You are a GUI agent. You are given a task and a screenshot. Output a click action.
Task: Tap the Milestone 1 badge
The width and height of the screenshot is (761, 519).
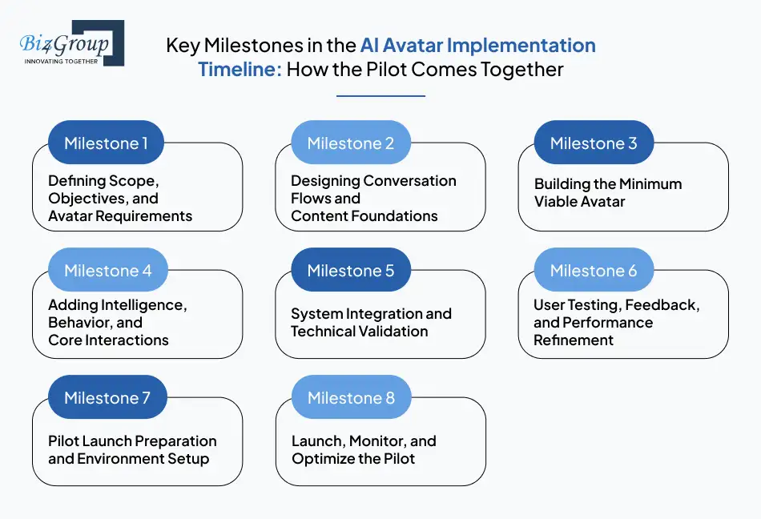tap(106, 143)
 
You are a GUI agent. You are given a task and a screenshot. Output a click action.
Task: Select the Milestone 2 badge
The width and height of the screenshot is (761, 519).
tap(351, 143)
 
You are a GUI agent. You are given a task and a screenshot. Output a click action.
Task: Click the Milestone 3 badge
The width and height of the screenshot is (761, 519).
tap(594, 143)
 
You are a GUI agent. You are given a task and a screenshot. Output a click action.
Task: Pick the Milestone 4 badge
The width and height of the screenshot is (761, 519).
tap(107, 271)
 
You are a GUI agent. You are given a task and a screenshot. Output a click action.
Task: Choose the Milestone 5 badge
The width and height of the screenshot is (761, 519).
tap(351, 271)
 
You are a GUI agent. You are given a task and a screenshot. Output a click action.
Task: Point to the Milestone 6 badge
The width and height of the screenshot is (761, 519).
tap(594, 271)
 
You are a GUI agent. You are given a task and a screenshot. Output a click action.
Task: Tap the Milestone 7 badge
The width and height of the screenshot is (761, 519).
tap(107, 398)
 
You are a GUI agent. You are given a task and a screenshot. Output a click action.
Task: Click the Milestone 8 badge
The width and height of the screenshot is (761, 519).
tap(351, 398)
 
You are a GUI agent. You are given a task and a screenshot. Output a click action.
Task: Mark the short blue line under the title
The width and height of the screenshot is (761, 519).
tap(380, 96)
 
